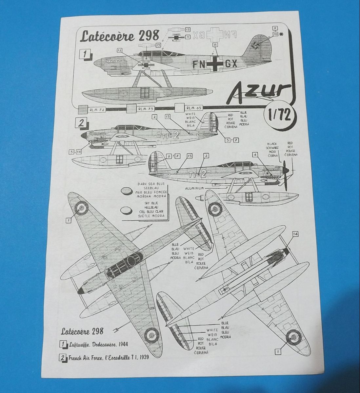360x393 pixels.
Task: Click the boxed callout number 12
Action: pos(119,50)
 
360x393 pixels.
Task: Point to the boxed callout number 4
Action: pos(254,154)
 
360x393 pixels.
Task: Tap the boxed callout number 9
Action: pos(275,28)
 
